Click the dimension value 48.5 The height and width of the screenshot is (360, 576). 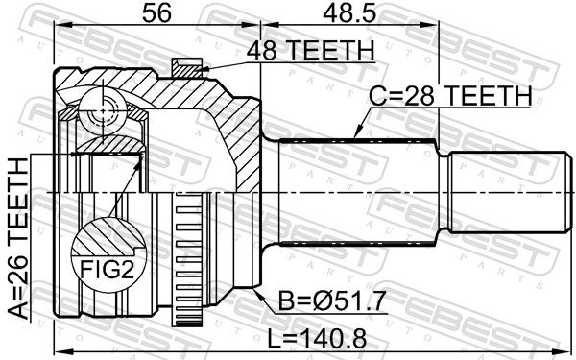[x=349, y=13]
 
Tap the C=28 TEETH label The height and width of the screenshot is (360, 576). [x=450, y=96]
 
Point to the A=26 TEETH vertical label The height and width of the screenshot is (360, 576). [x=18, y=238]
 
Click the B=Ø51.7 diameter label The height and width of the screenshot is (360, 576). [x=332, y=301]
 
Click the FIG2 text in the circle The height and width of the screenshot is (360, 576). [x=107, y=272]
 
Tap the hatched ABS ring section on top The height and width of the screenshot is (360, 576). [x=187, y=68]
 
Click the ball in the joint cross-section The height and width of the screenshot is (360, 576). [x=103, y=110]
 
